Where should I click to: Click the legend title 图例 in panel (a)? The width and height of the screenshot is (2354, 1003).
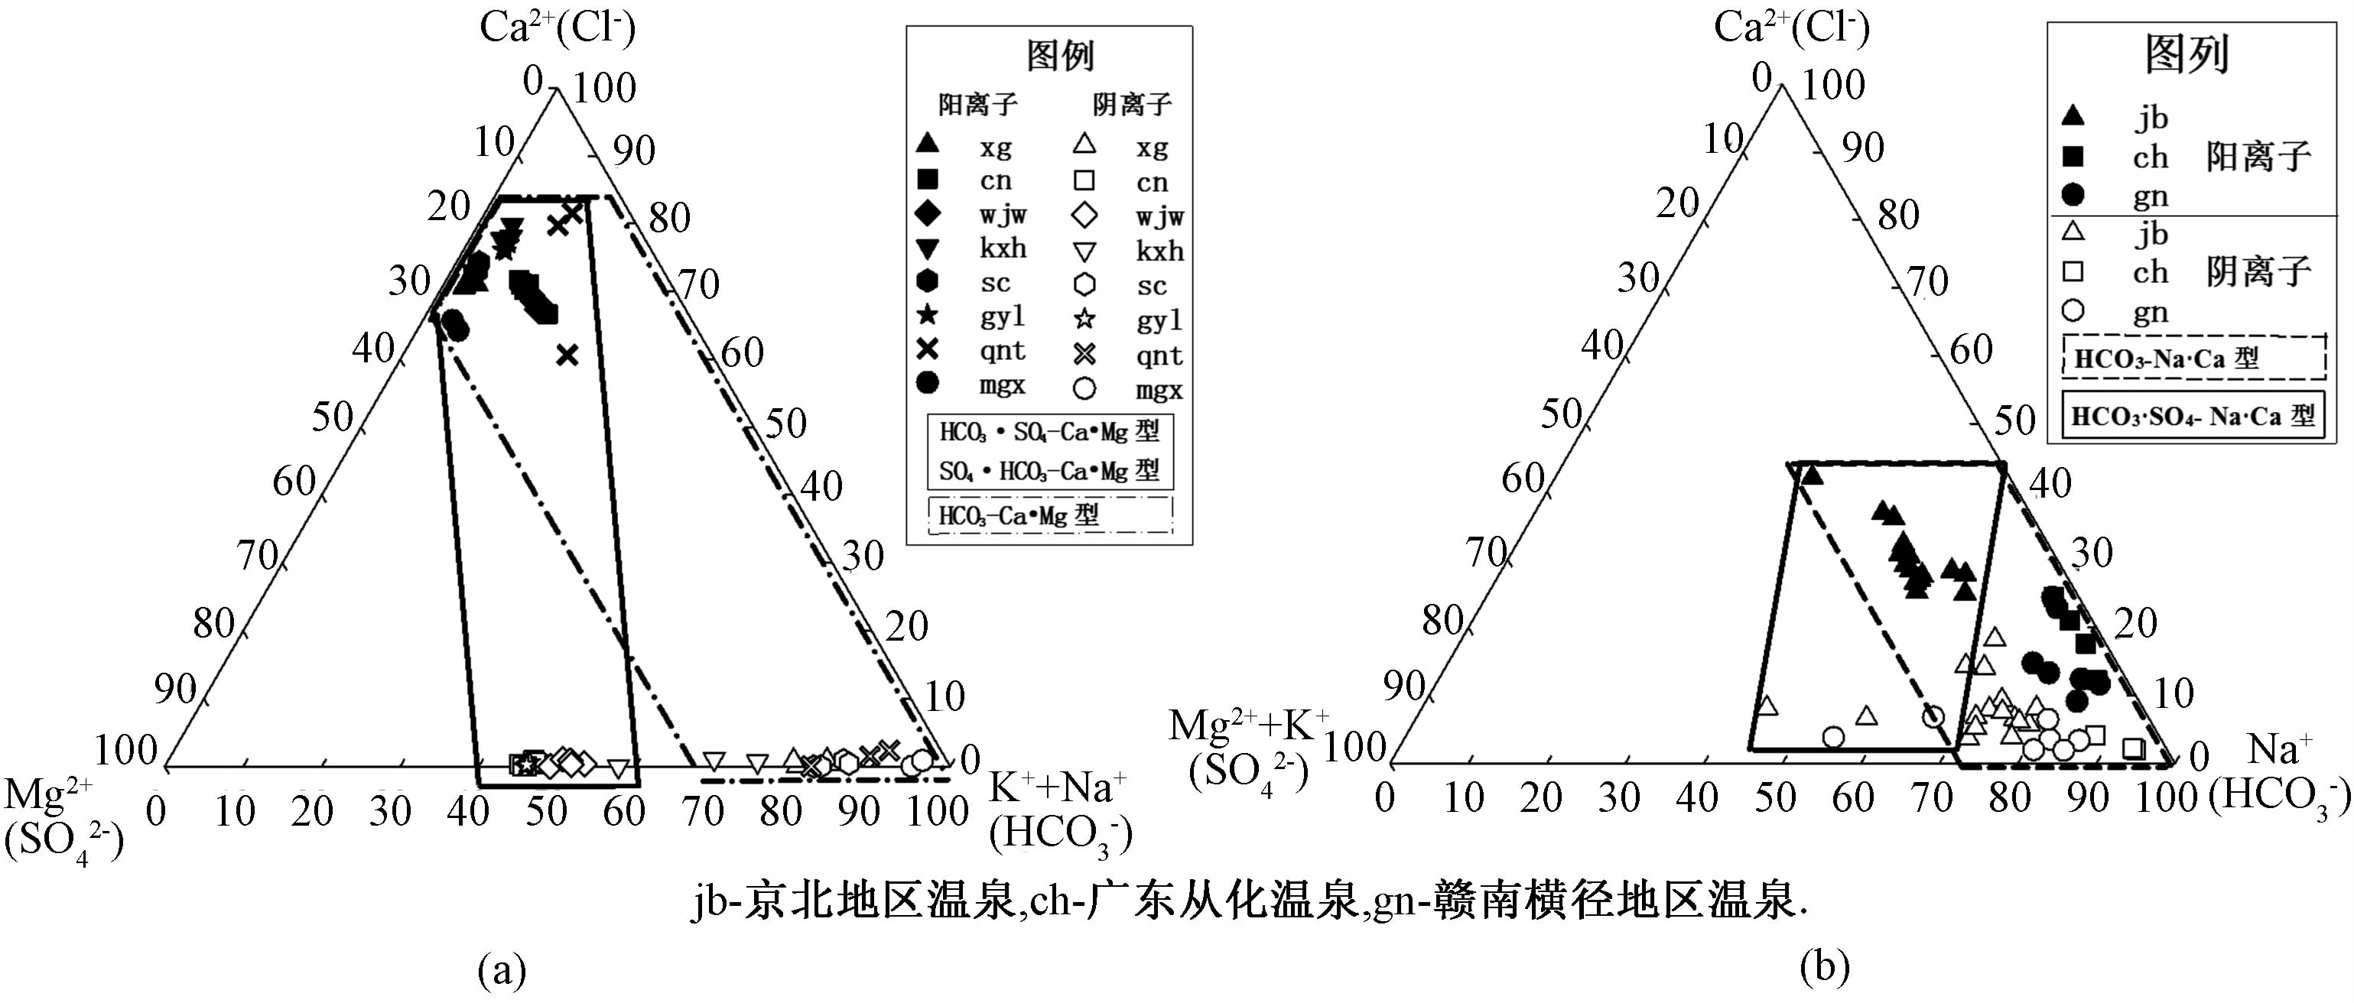[x=1059, y=56]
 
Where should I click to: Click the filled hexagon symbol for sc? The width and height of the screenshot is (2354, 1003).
[x=928, y=282]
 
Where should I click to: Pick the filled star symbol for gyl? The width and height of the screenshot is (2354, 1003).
[x=928, y=316]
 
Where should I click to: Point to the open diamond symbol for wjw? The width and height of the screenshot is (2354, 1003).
[x=1084, y=216]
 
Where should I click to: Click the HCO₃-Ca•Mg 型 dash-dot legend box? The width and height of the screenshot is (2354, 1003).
[x=1050, y=515]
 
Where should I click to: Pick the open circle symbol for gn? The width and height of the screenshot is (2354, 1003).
[x=2073, y=311]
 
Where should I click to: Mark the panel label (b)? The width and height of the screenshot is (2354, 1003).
[x=1824, y=966]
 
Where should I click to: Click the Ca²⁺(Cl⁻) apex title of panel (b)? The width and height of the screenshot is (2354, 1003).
[x=1791, y=28]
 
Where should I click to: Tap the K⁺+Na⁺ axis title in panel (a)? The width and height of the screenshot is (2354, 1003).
[x=1057, y=787]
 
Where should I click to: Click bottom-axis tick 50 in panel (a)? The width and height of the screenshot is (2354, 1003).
[x=545, y=811]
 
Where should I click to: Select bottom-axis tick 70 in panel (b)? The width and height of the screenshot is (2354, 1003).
[x=1931, y=798]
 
